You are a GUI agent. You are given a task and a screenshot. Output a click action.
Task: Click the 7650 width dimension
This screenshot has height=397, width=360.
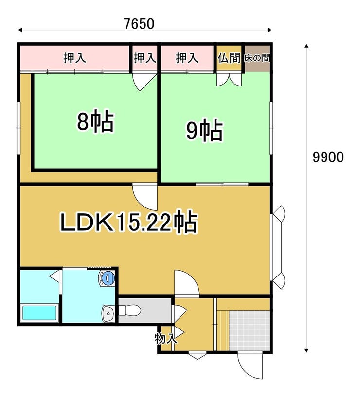(139, 24)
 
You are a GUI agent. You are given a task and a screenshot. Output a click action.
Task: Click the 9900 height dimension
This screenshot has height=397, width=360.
(328, 157)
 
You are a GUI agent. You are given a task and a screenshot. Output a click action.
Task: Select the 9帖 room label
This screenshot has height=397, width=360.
(205, 130)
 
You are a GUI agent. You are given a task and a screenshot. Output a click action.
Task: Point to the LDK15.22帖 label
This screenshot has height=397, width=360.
(128, 221)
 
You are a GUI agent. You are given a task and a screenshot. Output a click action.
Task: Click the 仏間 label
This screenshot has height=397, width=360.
(229, 58)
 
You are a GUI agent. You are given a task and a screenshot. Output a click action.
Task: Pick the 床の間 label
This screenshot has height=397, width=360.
(257, 58)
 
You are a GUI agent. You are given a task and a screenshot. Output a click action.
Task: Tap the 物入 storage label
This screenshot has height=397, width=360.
(165, 339)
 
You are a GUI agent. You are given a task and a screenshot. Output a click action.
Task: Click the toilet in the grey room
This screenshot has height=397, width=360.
(129, 310)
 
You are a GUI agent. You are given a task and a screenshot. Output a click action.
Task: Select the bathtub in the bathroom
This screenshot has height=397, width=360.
(39, 313)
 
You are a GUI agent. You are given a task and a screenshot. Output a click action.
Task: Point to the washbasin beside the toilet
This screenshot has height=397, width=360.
(108, 313)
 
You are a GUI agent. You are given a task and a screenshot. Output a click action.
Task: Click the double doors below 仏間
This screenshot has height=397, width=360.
(229, 79)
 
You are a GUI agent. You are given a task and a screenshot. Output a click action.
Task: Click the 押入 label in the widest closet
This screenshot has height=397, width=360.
(74, 58)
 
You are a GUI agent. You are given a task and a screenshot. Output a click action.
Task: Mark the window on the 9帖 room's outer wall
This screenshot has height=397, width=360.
(271, 128)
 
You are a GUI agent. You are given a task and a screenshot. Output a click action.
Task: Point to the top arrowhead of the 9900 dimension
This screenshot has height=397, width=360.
(306, 46)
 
